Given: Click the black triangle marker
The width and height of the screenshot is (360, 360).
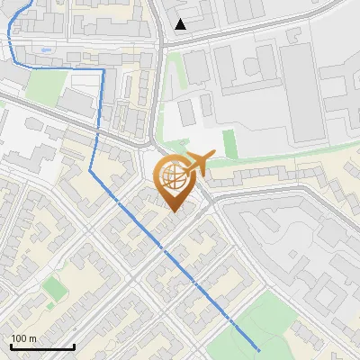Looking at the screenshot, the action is [x=181, y=24].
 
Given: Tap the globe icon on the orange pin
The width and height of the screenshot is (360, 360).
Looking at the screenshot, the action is [x=175, y=177].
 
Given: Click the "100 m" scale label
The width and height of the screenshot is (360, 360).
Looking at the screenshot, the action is [x=23, y=338].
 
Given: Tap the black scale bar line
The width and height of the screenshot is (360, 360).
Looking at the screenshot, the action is [x=41, y=346].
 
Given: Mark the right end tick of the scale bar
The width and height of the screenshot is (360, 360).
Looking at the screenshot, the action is [x=74, y=345].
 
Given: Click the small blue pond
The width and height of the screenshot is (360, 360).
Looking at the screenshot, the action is [x=45, y=49].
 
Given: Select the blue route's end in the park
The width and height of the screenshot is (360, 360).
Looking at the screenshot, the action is [x=258, y=349].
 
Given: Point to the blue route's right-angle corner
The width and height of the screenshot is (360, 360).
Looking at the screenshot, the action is [x=103, y=68].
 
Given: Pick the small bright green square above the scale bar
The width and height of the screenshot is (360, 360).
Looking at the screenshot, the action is [x=55, y=289].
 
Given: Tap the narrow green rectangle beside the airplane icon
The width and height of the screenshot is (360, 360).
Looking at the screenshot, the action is [x=229, y=144].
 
